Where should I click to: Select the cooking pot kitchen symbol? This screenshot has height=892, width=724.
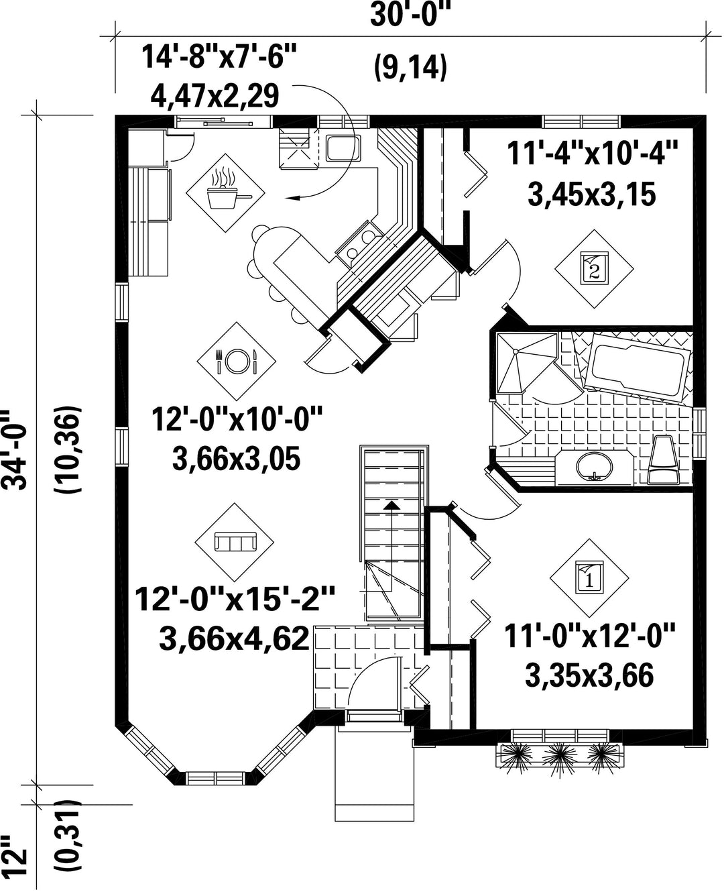coord(225,192)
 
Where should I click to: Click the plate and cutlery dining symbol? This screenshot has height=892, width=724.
coord(237,361)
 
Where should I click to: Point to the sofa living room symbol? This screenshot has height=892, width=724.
coord(235,542)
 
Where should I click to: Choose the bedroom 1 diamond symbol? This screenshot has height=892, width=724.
coord(589,578)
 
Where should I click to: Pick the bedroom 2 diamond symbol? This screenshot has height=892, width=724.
coord(594,268)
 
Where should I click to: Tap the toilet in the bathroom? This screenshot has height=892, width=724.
coord(663,460)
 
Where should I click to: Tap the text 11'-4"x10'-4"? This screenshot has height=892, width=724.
coord(592,154)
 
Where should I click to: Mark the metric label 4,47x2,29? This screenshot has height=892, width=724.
coord(215,96)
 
